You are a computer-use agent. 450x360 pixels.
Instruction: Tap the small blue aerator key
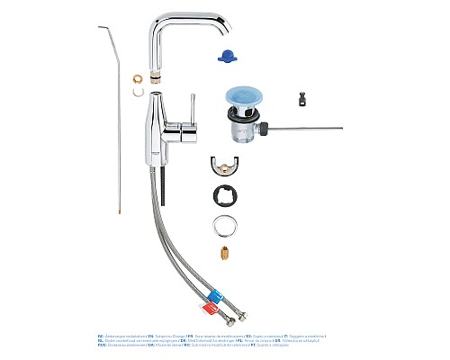click(226, 56)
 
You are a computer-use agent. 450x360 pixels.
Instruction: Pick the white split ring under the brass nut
click(137, 91)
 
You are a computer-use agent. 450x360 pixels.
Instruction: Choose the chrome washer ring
click(226, 224)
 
